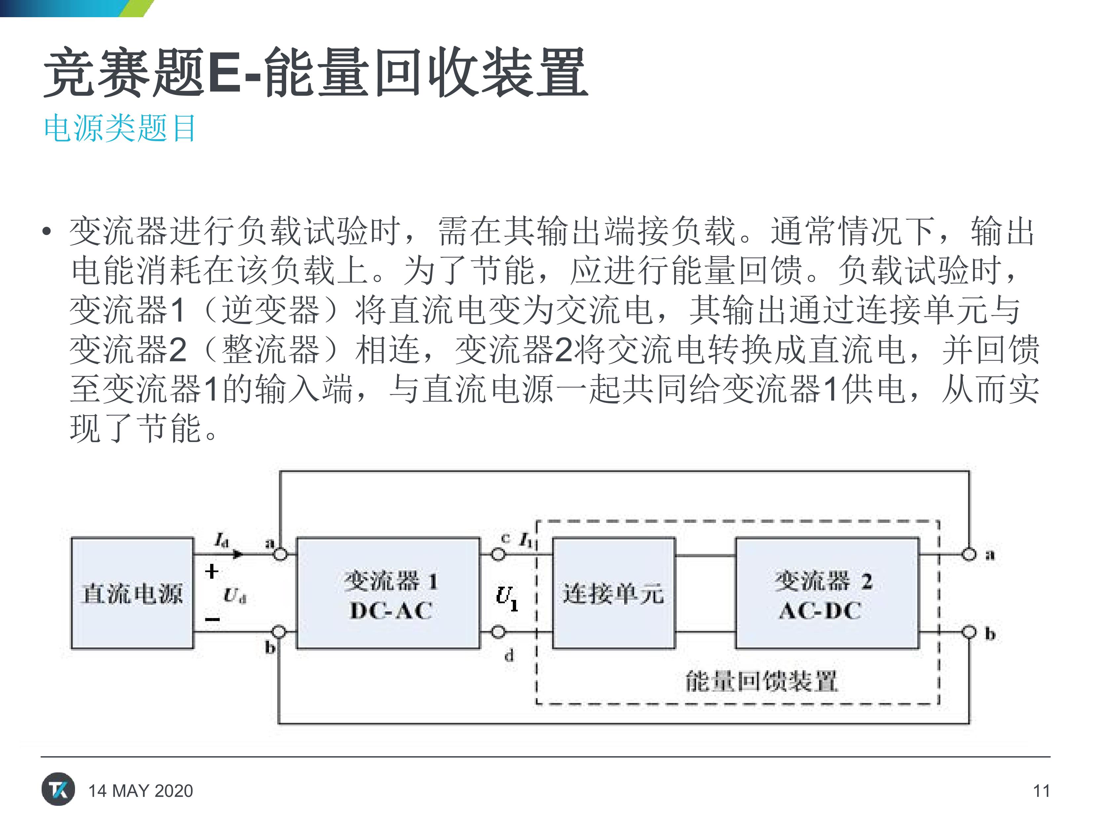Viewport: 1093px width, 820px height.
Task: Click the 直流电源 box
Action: coord(132,593)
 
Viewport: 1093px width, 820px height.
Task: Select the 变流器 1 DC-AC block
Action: coord(388,593)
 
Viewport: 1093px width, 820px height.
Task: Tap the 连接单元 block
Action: coord(614,593)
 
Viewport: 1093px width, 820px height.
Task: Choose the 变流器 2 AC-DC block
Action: coord(827,593)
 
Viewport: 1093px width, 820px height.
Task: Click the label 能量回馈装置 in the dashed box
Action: coord(762,681)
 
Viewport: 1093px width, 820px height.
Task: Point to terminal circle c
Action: coord(498,555)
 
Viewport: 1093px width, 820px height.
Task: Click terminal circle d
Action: coord(498,632)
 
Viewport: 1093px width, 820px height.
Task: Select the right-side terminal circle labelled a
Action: coord(969,555)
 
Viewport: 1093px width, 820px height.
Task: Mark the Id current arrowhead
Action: coord(238,554)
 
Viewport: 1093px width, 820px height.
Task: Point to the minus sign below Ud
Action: coord(212,619)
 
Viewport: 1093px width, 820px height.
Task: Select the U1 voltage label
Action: coord(507,598)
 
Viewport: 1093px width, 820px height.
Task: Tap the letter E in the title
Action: coord(224,73)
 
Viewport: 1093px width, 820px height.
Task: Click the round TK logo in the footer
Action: coord(58,789)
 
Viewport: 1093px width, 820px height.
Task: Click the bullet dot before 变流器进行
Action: coord(47,231)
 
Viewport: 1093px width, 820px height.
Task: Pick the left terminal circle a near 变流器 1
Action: coord(280,555)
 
